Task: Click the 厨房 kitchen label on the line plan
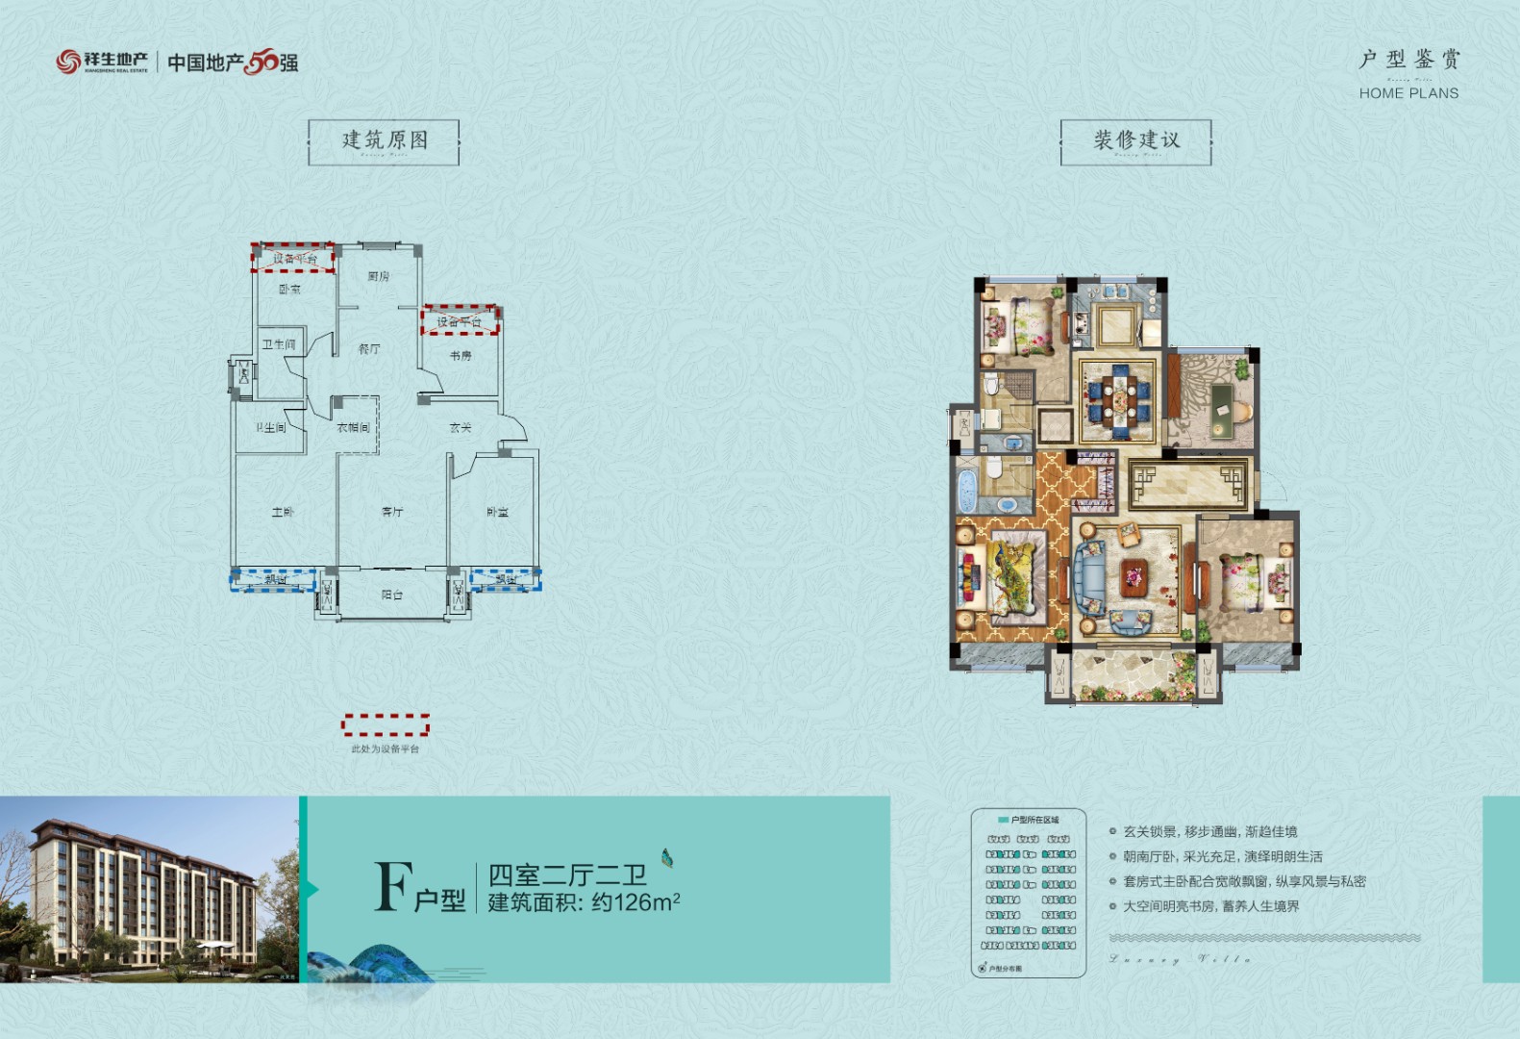click(378, 277)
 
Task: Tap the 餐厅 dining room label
click(369, 349)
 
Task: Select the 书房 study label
click(461, 356)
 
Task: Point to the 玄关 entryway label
click(461, 428)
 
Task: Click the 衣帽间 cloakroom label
click(353, 428)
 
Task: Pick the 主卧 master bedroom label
click(283, 513)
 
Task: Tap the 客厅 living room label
click(392, 513)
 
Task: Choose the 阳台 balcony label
click(392, 596)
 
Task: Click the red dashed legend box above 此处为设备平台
click(386, 724)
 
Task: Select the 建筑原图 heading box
click(384, 141)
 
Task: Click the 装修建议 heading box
click(1135, 141)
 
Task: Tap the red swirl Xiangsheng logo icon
click(67, 63)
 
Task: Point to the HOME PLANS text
click(1408, 93)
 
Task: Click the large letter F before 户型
click(392, 886)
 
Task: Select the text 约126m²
click(635, 902)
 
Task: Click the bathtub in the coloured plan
click(965, 491)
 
